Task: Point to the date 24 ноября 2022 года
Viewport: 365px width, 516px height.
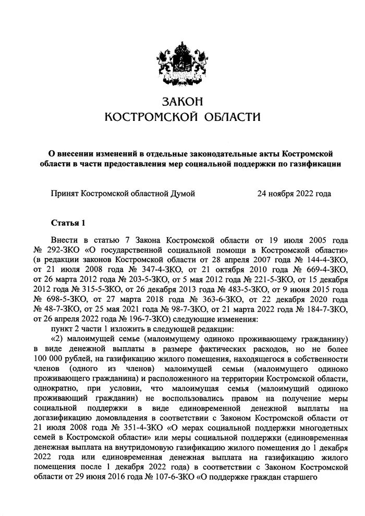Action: click(x=294, y=194)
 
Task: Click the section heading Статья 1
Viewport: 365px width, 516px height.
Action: click(x=68, y=223)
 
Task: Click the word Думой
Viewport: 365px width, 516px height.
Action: click(x=184, y=194)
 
